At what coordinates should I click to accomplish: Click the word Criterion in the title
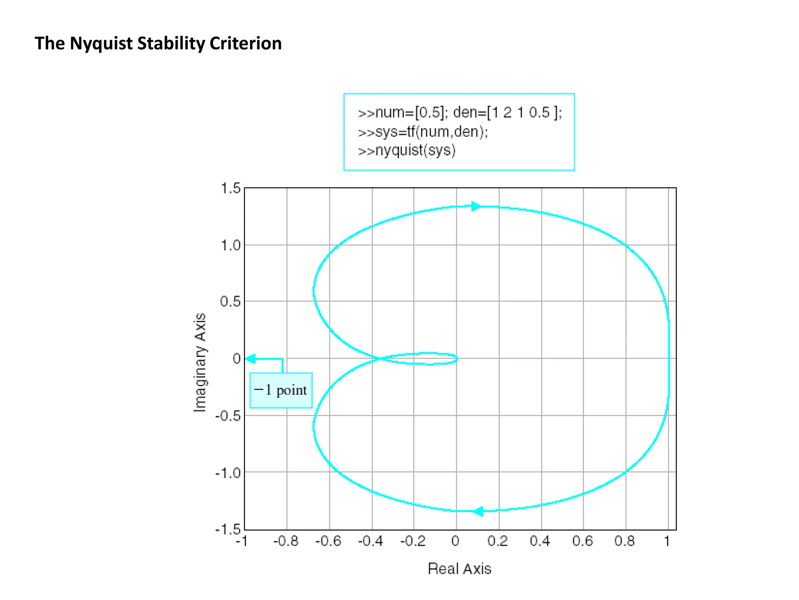click(245, 43)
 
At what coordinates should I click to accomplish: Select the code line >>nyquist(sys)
click(407, 150)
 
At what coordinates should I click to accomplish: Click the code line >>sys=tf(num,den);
click(423, 132)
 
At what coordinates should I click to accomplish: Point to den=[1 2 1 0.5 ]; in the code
click(508, 112)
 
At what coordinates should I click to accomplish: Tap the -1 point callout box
click(281, 390)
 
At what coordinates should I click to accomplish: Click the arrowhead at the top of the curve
click(476, 206)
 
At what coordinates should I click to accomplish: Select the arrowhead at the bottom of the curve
click(478, 511)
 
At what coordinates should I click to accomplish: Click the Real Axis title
click(459, 569)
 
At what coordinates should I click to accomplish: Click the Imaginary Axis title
click(200, 362)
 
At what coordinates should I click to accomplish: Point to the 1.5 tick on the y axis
click(231, 188)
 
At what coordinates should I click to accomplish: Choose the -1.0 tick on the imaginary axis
click(228, 473)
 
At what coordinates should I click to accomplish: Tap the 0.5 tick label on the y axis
click(230, 302)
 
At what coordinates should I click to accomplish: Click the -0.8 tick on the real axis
click(286, 541)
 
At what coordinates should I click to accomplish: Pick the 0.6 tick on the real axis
click(582, 541)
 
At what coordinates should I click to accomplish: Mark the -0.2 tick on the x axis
click(413, 541)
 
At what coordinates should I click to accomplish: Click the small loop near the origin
click(429, 358)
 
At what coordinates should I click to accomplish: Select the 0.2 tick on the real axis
click(498, 541)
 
